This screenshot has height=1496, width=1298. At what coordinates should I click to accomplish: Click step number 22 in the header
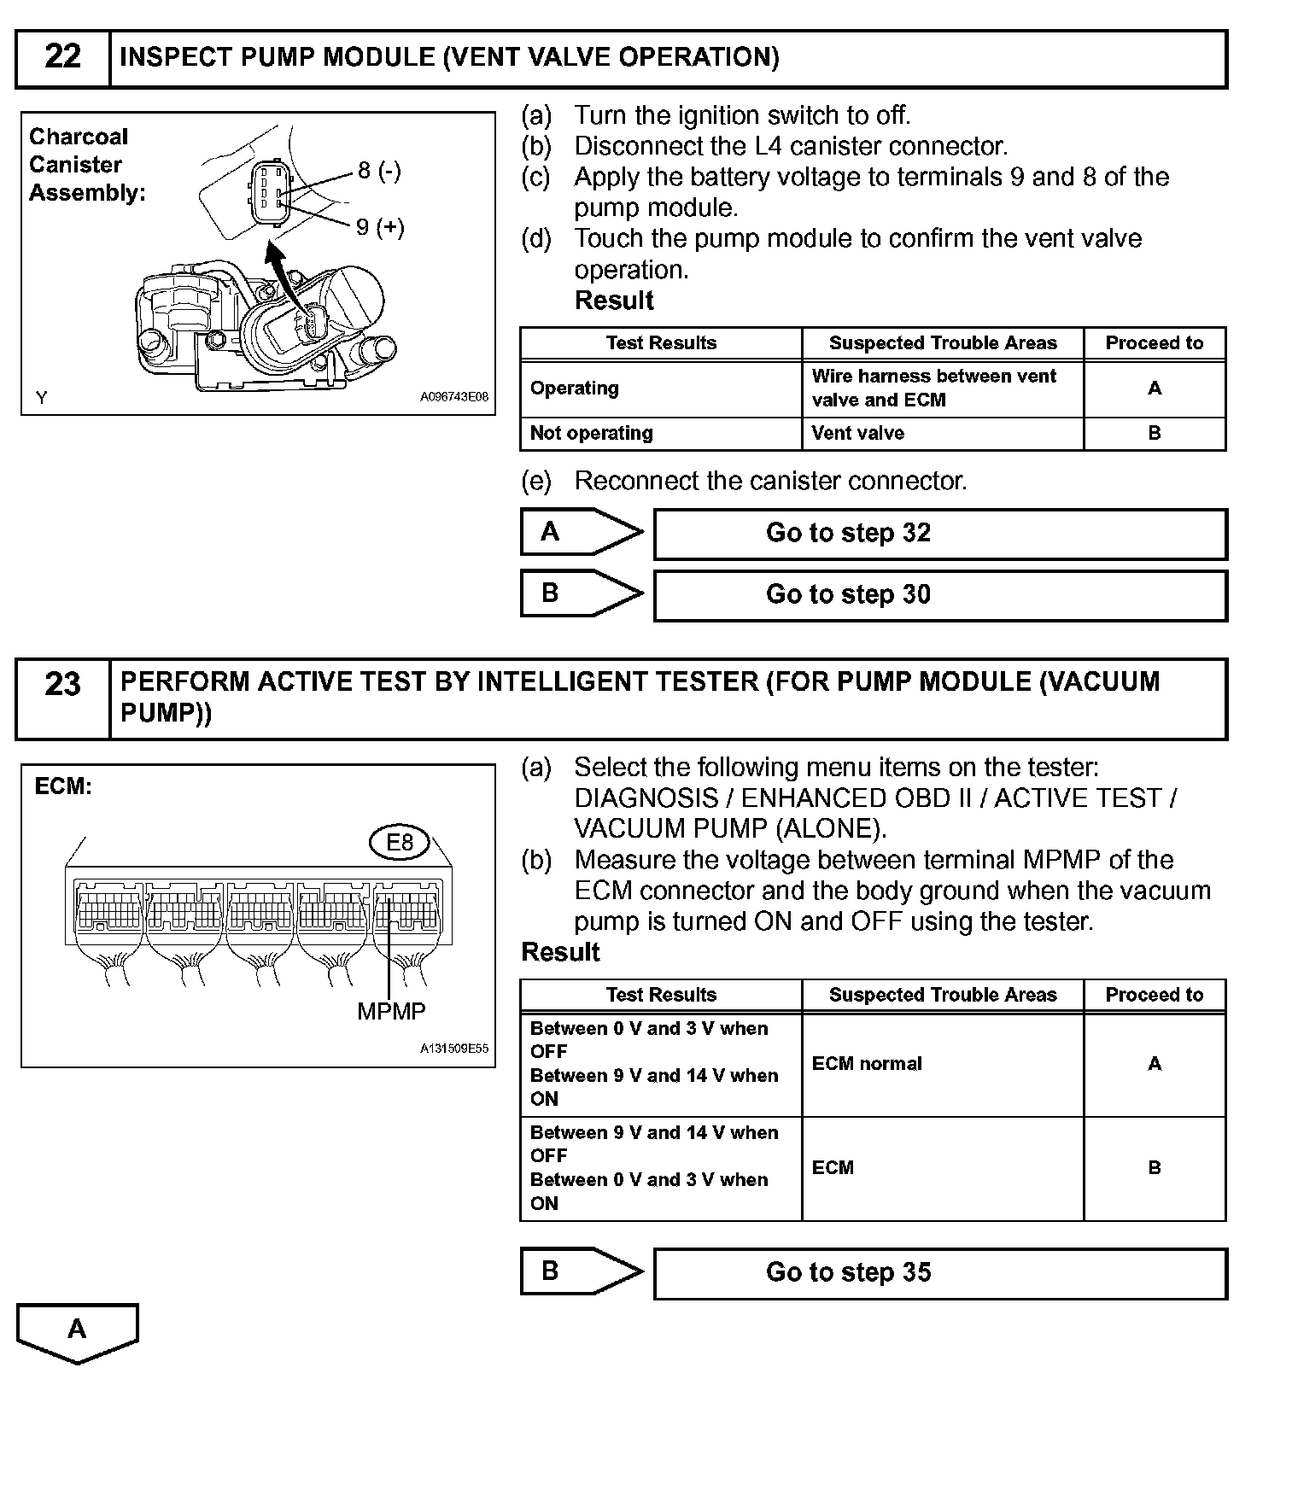click(62, 57)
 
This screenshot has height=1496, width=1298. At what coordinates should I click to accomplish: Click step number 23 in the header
click(62, 684)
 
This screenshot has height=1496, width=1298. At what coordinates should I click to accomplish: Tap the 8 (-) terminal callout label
click(379, 171)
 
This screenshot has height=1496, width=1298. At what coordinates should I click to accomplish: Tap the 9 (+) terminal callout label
click(380, 227)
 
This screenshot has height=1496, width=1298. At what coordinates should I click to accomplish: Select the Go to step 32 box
click(940, 534)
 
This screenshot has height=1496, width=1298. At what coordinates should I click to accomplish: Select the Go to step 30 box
click(940, 595)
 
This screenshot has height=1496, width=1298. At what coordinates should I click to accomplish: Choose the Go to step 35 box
click(940, 1273)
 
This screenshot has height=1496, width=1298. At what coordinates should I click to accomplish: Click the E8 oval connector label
click(400, 843)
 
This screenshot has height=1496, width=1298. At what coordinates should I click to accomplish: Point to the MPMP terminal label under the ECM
click(391, 1012)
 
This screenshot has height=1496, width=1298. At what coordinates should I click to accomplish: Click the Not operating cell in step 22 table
click(592, 433)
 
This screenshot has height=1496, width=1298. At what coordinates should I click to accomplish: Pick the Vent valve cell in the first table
click(858, 433)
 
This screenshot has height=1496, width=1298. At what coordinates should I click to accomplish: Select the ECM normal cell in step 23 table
click(867, 1064)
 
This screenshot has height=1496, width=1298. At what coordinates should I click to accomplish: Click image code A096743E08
click(453, 397)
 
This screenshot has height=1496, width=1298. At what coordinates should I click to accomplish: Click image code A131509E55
click(453, 1049)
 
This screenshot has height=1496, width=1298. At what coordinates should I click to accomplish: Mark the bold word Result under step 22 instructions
click(614, 301)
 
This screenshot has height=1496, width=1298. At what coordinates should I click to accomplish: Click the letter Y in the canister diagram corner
click(42, 397)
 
